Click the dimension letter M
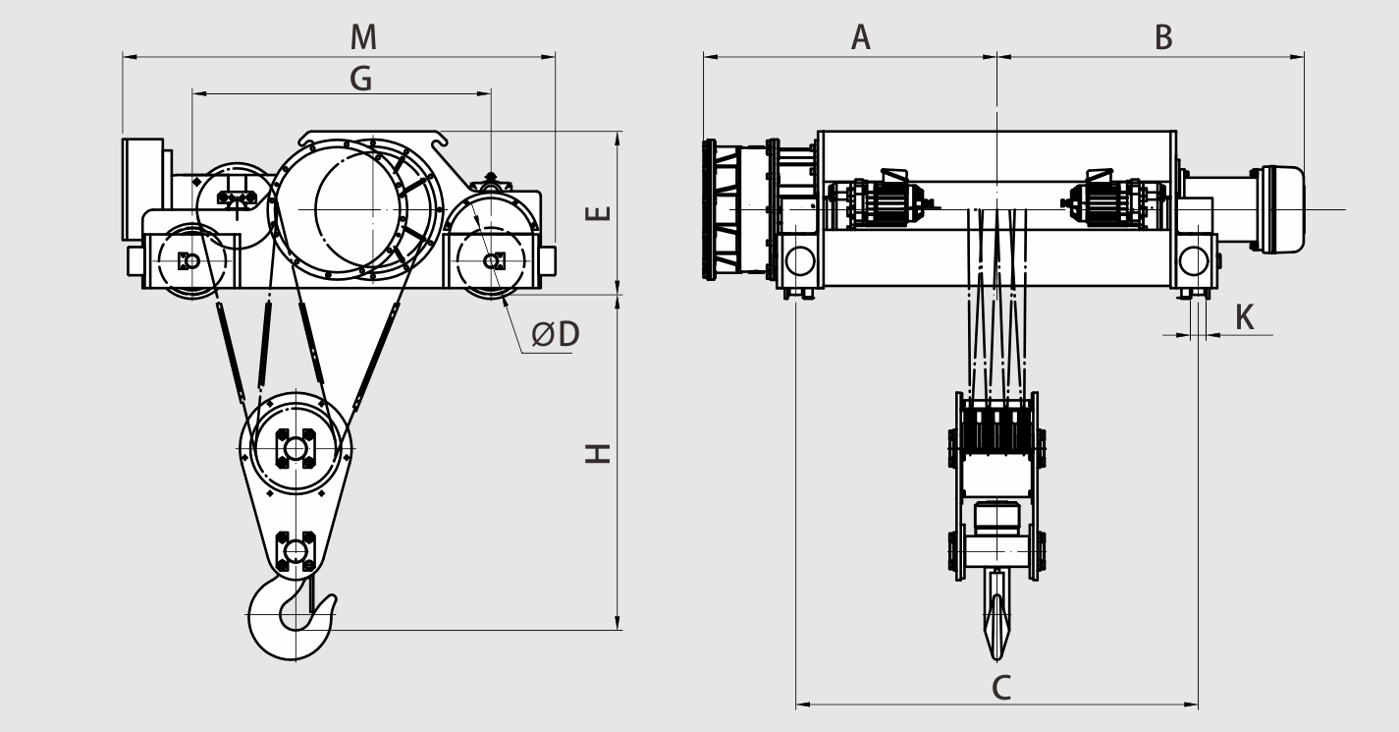tap(363, 37)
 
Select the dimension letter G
tap(361, 80)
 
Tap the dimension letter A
tap(861, 37)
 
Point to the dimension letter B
tap(1163, 37)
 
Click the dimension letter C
tap(1000, 688)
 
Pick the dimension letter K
tap(1244, 317)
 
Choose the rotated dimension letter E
tap(598, 213)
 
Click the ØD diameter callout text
tap(556, 334)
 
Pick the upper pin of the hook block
tap(295, 448)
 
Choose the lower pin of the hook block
tap(295, 551)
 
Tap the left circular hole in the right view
tap(800, 260)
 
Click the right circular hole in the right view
tap(1194, 260)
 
